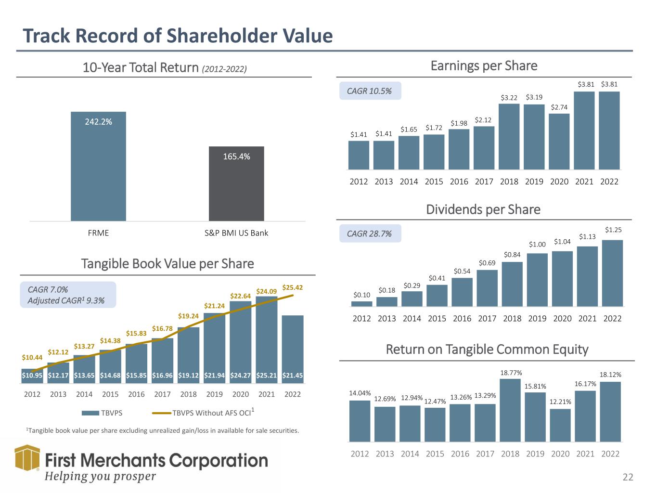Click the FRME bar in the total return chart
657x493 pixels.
[x=98, y=166]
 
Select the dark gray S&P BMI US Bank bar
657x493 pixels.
[x=236, y=183]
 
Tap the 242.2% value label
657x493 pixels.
[x=98, y=122]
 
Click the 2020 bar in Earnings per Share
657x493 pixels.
[x=559, y=142]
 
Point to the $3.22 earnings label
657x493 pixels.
[x=509, y=98]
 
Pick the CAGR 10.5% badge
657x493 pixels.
[x=370, y=91]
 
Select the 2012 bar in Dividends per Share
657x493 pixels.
[x=361, y=304]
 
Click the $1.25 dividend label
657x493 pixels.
[x=613, y=230]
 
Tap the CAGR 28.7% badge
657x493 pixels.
[x=370, y=234]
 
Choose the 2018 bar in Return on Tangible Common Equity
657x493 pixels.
[x=510, y=410]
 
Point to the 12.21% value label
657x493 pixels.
[x=560, y=402]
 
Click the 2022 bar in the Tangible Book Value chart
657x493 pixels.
[x=293, y=349]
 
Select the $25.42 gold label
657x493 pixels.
[x=293, y=287]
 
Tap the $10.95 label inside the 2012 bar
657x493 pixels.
[x=32, y=375]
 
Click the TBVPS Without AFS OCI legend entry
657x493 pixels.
[x=203, y=413]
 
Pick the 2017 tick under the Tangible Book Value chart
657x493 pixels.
[x=162, y=394]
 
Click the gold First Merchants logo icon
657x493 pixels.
[x=27, y=458]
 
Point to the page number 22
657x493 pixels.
[x=628, y=477]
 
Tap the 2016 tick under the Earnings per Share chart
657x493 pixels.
[x=459, y=182]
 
